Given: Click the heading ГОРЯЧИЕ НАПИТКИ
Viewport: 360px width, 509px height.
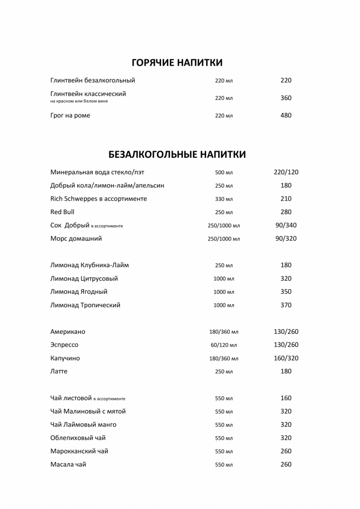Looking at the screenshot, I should point(177,63).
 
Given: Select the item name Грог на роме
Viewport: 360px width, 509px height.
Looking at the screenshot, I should point(70,115).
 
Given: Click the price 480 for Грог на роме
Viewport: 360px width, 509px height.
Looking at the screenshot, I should point(286,115).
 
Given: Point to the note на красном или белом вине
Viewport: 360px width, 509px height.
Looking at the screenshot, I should point(79,101).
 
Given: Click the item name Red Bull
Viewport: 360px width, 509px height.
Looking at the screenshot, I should point(62,212).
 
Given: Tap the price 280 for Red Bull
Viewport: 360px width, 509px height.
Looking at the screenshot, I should point(286,212).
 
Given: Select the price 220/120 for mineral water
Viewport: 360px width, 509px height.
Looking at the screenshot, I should point(286,172).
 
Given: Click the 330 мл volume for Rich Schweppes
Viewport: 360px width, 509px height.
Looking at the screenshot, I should point(223,199).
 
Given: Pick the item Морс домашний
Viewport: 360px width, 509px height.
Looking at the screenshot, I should point(76,239).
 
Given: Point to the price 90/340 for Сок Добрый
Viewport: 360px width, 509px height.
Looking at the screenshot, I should point(286,225).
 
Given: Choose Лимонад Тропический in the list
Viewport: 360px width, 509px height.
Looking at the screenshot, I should point(85,305).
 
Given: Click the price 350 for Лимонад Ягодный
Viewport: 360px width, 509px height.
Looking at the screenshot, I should point(286,292).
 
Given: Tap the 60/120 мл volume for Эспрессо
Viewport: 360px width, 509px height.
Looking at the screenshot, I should point(223,345).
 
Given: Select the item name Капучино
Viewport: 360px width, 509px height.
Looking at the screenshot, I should point(65,358).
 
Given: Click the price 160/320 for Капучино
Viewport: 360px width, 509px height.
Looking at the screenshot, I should point(286,358).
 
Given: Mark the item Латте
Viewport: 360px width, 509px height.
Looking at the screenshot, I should point(59,372).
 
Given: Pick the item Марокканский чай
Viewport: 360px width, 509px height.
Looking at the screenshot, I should point(79,451).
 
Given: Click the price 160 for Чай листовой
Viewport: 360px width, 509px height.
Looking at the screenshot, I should point(286,398).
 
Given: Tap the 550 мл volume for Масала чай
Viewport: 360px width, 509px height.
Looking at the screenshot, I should point(223,465).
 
